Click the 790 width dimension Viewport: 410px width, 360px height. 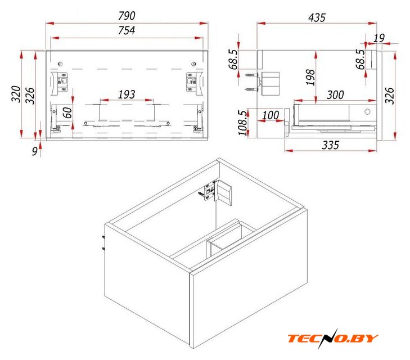tap(127, 16)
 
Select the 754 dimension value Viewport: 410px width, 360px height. tap(127, 30)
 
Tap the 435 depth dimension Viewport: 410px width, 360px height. tap(317, 17)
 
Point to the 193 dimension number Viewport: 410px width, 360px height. tap(127, 94)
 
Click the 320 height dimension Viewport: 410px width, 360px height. tap(16, 94)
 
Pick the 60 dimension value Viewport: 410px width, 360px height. tap(67, 112)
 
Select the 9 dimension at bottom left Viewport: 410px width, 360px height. tap(35, 151)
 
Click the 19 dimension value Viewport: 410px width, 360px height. tap(379, 38)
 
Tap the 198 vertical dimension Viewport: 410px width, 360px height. tap(310, 77)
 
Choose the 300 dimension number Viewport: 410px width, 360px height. tap(335, 94)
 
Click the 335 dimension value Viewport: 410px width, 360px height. tap(331, 145)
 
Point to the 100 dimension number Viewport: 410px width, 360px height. tap(271, 115)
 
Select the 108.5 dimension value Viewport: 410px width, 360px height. tap(242, 123)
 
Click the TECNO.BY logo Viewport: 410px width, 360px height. tap(333, 338)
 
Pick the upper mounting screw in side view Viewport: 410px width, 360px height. tap(251, 75)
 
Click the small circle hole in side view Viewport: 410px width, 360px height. tap(367, 111)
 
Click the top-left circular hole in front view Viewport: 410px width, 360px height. tap(60, 64)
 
